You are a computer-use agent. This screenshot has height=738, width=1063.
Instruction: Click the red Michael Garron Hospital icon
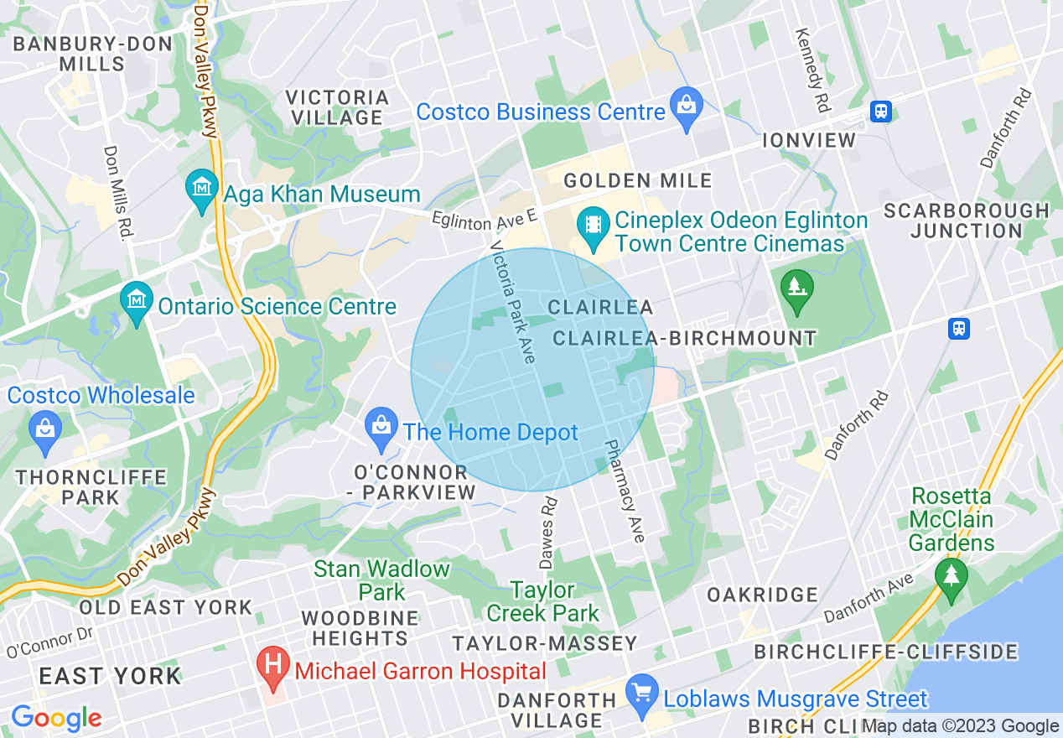click(272, 669)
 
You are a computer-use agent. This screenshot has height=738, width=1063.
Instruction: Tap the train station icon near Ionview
click(880, 111)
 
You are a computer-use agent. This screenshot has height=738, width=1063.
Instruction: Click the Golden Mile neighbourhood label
click(637, 180)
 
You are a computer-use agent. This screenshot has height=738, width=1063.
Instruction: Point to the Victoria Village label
click(338, 107)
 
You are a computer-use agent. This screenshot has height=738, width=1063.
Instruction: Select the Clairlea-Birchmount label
click(684, 338)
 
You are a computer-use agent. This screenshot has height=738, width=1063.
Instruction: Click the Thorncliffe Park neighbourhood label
click(91, 487)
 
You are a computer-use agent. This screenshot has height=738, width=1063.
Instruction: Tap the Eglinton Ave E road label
click(484, 220)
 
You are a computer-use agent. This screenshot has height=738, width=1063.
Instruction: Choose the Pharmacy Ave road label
click(625, 491)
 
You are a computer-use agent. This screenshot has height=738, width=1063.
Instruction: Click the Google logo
click(55, 718)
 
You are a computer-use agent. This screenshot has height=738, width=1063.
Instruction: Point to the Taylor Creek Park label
click(543, 601)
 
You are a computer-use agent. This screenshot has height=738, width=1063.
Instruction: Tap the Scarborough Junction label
click(966, 220)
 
